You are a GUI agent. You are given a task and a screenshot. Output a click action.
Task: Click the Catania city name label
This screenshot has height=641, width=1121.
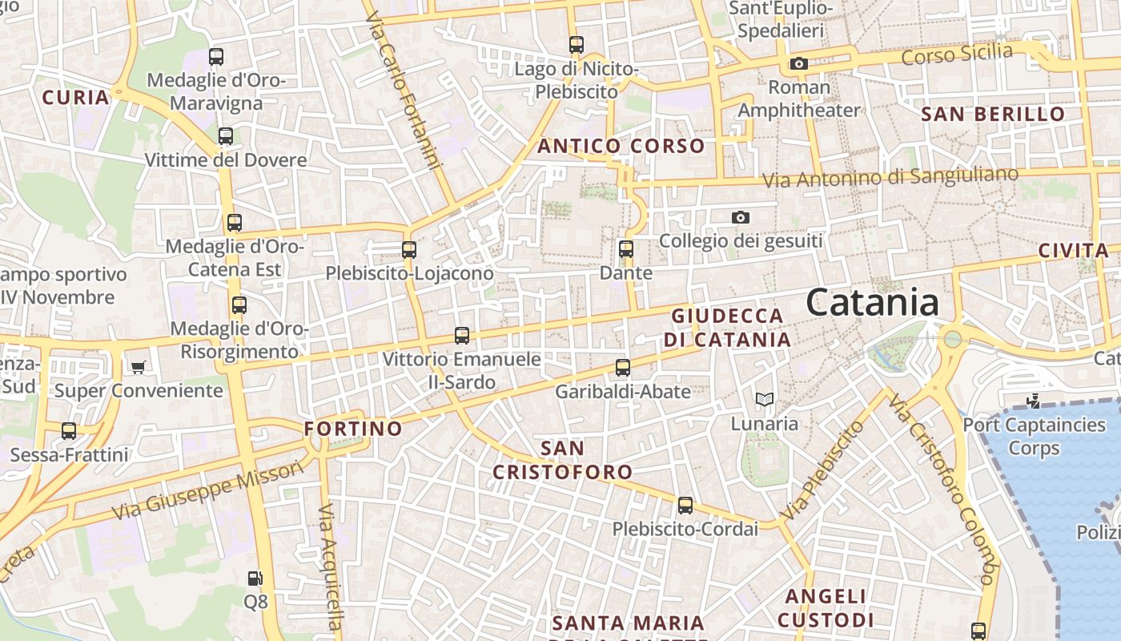click(872, 303)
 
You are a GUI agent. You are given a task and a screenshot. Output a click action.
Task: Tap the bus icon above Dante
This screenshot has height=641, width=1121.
click(626, 249)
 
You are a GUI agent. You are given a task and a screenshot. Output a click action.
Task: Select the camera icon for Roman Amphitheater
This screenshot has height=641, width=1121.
click(798, 63)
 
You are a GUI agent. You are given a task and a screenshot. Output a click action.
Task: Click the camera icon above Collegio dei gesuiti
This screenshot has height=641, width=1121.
click(741, 217)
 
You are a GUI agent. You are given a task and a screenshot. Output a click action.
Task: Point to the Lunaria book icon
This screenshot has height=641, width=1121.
click(765, 399)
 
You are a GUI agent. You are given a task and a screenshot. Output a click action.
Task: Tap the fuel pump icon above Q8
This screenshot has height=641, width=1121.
click(255, 578)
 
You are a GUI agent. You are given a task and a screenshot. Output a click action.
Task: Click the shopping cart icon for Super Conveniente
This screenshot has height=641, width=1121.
click(139, 367)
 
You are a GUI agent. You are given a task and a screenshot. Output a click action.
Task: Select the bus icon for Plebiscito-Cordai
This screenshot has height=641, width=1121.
click(685, 506)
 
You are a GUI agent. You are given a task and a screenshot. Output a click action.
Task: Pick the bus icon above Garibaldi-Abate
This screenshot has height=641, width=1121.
click(623, 368)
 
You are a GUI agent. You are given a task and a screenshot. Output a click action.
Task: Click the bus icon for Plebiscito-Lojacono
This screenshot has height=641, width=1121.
click(409, 249)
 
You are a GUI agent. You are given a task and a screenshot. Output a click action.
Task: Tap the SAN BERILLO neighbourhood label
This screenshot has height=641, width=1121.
click(993, 114)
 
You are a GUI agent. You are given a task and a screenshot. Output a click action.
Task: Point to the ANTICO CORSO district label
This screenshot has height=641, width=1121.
click(621, 147)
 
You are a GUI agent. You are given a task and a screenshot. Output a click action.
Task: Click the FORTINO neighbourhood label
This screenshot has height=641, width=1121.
click(353, 429)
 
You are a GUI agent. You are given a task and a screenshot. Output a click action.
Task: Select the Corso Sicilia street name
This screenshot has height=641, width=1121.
click(957, 54)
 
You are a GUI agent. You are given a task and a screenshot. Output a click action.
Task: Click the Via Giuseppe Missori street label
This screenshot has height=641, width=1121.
click(208, 489)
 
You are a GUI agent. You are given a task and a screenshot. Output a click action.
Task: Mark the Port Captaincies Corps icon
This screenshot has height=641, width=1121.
click(1034, 401)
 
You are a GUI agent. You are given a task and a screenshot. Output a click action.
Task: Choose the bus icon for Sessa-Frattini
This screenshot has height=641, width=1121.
click(69, 431)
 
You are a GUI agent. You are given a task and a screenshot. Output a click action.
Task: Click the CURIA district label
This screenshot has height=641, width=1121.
click(75, 98)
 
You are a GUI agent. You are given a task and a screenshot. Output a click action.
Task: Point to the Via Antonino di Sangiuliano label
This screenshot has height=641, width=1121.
click(890, 177)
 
